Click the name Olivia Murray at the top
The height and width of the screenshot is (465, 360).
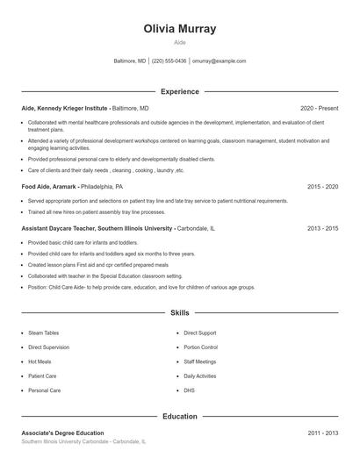179,29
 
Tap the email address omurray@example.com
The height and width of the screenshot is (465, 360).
219,61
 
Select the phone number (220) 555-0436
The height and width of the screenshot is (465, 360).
169,61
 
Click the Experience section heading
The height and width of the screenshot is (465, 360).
179,91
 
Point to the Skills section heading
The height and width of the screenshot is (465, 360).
179,312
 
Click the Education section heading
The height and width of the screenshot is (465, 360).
179,416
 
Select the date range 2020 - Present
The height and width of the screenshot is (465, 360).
319,107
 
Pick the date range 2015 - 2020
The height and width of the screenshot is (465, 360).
323,187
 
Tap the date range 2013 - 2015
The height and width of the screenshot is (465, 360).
323,228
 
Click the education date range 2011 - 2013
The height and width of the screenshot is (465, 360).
323,433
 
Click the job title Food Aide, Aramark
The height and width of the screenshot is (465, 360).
49,187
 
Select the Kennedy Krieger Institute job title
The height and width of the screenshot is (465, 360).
65,107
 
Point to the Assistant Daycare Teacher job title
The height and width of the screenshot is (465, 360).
97,228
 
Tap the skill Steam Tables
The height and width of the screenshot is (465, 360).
43,333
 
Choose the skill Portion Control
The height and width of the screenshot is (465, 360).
200,347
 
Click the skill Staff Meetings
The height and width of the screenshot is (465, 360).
199,361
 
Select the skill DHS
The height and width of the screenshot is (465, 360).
189,390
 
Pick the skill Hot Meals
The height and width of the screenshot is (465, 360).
40,361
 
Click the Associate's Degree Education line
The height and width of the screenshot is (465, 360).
62,433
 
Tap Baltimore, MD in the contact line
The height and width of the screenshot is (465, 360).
130,61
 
